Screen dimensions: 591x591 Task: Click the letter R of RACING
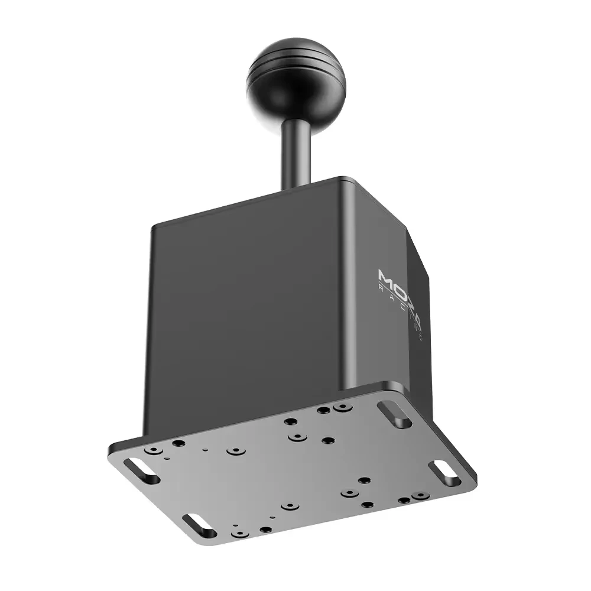pos(380,288)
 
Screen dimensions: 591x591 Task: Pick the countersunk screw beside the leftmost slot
pos(154,452)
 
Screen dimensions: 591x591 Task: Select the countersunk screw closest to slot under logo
pos(340,408)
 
